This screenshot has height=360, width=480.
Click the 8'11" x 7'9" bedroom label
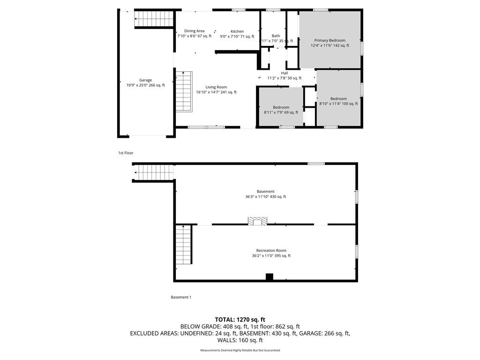(x=281, y=110)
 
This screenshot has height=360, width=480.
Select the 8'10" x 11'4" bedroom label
(x=338, y=101)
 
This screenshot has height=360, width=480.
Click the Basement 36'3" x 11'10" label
(x=266, y=194)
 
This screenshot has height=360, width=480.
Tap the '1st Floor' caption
(x=126, y=153)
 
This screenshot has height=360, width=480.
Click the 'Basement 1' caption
(x=181, y=297)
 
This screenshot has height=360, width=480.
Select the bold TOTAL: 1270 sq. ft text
(x=240, y=320)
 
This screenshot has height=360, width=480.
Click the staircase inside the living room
(x=184, y=91)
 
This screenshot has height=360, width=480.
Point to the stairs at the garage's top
(x=154, y=19)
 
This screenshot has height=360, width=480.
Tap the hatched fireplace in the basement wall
(x=257, y=221)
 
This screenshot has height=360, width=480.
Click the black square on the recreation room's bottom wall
(x=269, y=277)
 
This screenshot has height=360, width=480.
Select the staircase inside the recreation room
(x=183, y=244)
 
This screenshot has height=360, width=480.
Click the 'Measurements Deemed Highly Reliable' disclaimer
(x=240, y=350)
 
